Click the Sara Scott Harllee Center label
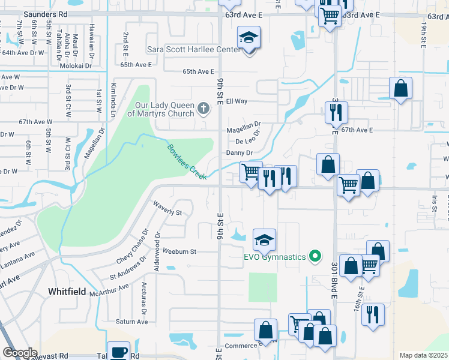194,50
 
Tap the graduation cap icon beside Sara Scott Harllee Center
249,38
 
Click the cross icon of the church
203,108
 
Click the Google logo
20,353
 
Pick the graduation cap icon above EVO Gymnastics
264,240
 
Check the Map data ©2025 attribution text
423,355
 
